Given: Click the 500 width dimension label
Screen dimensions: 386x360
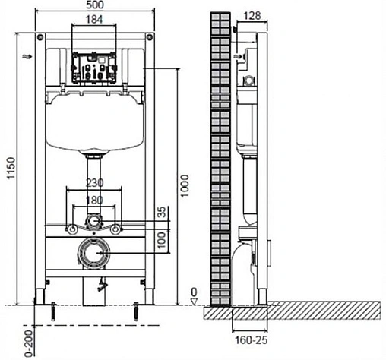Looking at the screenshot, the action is pos(95,5).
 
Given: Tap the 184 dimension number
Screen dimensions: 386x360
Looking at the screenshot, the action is pos(94,19).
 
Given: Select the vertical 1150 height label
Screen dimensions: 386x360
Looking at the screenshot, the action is pos(11,168).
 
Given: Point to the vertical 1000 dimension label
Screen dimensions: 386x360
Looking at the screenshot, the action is pos(185,186).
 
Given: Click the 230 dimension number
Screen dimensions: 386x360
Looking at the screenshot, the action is pos(95,182).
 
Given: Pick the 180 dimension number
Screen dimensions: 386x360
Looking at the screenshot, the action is pos(94,201).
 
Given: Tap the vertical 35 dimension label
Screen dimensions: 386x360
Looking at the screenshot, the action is pos(162,212).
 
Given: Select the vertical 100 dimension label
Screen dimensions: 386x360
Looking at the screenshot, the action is pos(162,240).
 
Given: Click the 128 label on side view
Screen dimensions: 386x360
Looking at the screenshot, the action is pos(252,16).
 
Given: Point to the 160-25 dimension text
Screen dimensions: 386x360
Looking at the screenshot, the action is pos(252,340).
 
